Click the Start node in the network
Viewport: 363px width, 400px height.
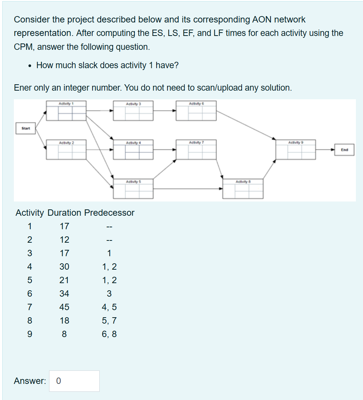coord(25,128)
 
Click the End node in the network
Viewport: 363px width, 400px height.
coord(345,150)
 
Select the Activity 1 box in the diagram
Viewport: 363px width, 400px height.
coord(66,111)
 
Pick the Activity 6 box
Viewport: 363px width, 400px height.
coord(196,111)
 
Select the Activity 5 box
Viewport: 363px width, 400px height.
coord(133,189)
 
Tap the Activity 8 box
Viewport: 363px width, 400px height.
coord(243,189)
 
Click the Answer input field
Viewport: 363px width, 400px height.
coord(74,381)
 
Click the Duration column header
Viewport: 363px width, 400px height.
coord(64,213)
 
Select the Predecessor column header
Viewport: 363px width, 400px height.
coord(109,213)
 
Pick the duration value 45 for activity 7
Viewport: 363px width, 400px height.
coord(64,307)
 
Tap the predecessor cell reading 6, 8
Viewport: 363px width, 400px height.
coord(109,334)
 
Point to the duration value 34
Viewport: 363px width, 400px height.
coord(64,294)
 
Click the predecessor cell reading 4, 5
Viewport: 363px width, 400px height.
coord(109,307)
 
